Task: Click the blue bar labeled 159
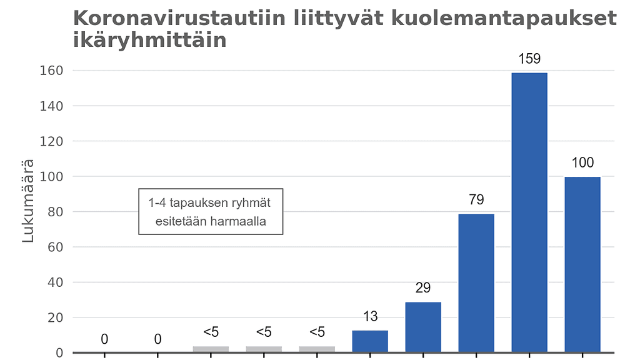pyautogui.click(x=529, y=212)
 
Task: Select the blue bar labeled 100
pyautogui.click(x=582, y=264)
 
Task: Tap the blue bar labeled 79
pyautogui.click(x=476, y=283)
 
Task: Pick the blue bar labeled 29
pyautogui.click(x=423, y=327)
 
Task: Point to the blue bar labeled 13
pyautogui.click(x=370, y=341)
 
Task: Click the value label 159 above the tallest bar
pyautogui.click(x=529, y=59)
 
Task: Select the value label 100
pyautogui.click(x=582, y=163)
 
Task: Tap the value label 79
pyautogui.click(x=476, y=200)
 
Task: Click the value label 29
pyautogui.click(x=423, y=288)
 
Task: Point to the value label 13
pyautogui.click(x=370, y=316)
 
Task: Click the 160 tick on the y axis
pyautogui.click(x=52, y=71)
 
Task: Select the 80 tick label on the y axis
pyautogui.click(x=56, y=212)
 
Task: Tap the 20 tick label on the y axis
pyautogui.click(x=56, y=317)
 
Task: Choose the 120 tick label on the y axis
pyautogui.click(x=52, y=141)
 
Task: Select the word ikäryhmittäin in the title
pyautogui.click(x=149, y=40)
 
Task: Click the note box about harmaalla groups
pyautogui.click(x=211, y=212)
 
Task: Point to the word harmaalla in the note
pyautogui.click(x=241, y=221)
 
